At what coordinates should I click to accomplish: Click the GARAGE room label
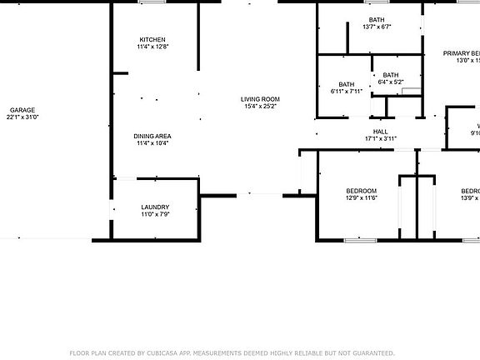point(23,110)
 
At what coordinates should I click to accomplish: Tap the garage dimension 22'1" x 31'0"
point(23,117)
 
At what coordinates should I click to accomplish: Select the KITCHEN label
point(152,40)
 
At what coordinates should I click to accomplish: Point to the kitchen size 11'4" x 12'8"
point(152,47)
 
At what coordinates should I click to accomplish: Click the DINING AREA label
point(152,136)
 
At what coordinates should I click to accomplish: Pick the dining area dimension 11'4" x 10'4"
point(152,143)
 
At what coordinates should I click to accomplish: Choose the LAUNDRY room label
point(155,207)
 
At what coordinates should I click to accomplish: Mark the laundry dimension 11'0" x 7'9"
point(155,215)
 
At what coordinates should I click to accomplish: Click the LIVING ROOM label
point(260,99)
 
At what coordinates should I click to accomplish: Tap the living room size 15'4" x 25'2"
point(260,107)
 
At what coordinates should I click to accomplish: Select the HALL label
point(380,132)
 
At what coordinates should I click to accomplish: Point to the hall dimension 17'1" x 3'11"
point(380,139)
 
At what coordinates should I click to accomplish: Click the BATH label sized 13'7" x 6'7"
point(377,19)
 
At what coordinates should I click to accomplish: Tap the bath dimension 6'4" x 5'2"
point(390,82)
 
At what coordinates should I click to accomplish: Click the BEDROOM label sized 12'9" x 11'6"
point(361,191)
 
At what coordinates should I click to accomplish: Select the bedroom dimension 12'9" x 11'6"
point(361,198)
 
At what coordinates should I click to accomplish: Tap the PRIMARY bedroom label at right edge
point(461,53)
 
